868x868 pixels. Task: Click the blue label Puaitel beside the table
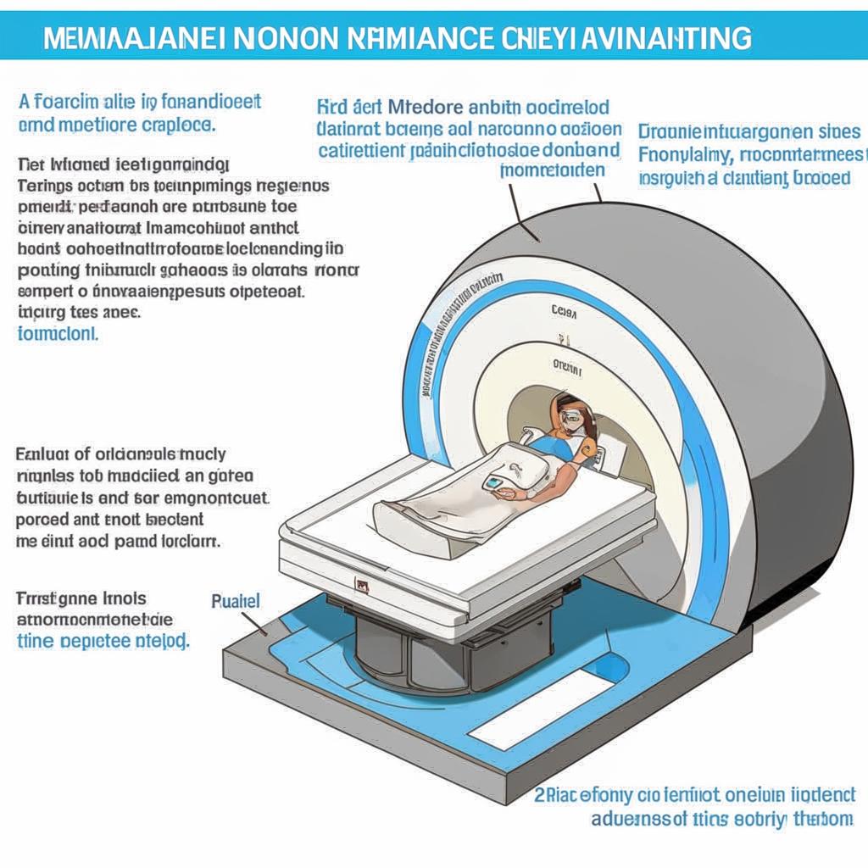tap(235, 601)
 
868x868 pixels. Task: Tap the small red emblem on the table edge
tap(362, 584)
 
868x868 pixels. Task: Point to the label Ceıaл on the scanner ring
tap(564, 311)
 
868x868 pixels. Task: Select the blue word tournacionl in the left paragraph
tap(58, 333)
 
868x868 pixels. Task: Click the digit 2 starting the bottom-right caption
tap(539, 794)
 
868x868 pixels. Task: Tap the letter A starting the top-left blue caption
tap(24, 103)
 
